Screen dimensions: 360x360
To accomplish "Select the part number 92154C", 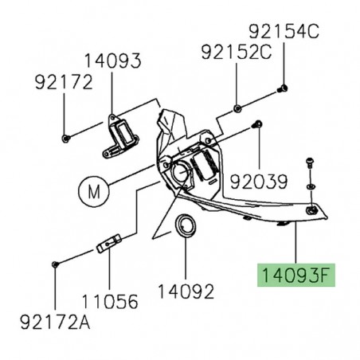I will click(x=283, y=33).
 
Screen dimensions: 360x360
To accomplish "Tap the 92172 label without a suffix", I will click(x=63, y=81).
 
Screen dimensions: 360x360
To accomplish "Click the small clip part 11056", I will click(x=108, y=242).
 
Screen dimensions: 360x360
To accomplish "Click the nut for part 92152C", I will click(x=237, y=107).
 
